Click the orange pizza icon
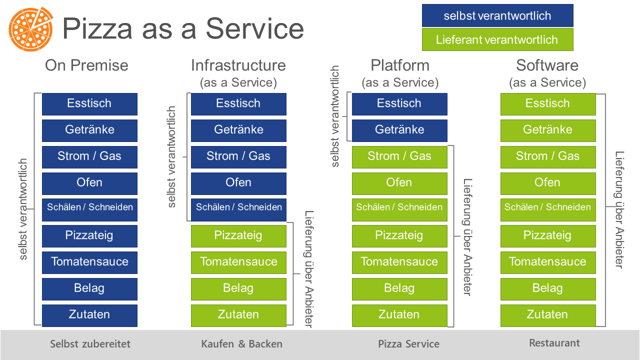pyautogui.click(x=31, y=29)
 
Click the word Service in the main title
pyautogui.click(x=254, y=28)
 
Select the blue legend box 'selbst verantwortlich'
pyautogui.click(x=497, y=15)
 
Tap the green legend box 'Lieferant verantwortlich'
pyautogui.click(x=497, y=39)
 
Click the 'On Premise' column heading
pyautogui.click(x=86, y=65)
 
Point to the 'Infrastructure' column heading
pyautogui.click(x=238, y=65)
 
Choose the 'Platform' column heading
pyautogui.click(x=400, y=65)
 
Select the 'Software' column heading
pyautogui.click(x=547, y=65)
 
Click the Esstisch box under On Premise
pyautogui.click(x=89, y=104)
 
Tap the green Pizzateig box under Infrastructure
pyautogui.click(x=238, y=236)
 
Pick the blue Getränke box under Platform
pyautogui.click(x=399, y=130)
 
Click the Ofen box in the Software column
pyautogui.click(x=548, y=183)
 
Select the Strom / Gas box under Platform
pyautogui.click(x=399, y=157)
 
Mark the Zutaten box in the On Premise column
pyautogui.click(x=89, y=315)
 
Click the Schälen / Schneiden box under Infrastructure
pyautogui.click(x=238, y=209)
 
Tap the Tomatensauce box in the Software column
pyautogui.click(x=548, y=262)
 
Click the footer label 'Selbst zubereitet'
pyautogui.click(x=90, y=343)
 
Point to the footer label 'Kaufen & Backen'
pyautogui.click(x=241, y=343)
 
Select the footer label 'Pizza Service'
pyautogui.click(x=408, y=343)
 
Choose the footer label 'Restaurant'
pyautogui.click(x=554, y=343)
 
